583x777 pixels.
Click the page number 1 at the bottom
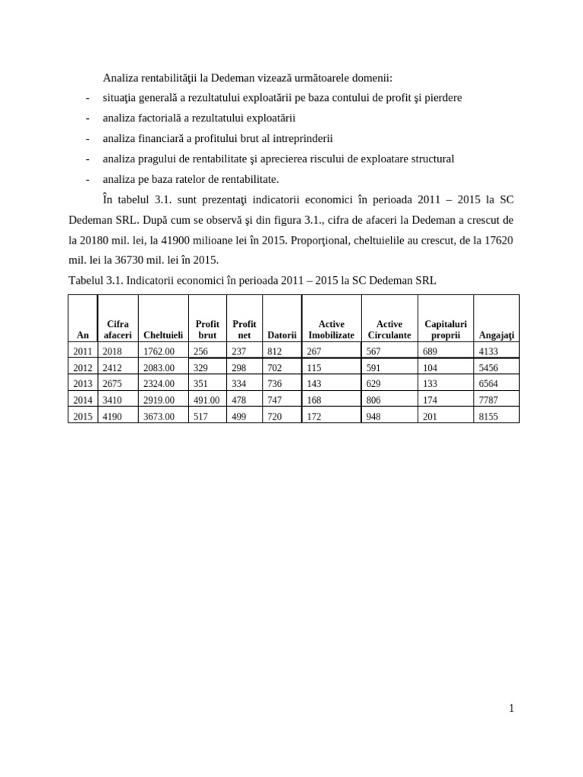tap(512, 709)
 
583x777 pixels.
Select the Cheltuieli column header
tap(162, 335)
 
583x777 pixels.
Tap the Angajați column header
tap(496, 335)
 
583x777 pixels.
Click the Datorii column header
tap(282, 335)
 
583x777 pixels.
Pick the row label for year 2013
tap(82, 383)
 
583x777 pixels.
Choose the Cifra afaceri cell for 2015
tap(112, 417)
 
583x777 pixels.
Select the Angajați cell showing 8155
tap(489, 417)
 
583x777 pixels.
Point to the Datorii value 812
tap(275, 351)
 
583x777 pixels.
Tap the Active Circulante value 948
tap(374, 417)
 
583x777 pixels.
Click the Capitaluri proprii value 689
tap(431, 351)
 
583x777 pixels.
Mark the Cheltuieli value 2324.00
tap(159, 383)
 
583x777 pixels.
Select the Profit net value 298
tap(239, 367)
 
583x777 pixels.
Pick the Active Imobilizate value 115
tap(314, 367)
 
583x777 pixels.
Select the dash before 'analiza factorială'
tap(88, 118)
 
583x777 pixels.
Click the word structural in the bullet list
tap(431, 159)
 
